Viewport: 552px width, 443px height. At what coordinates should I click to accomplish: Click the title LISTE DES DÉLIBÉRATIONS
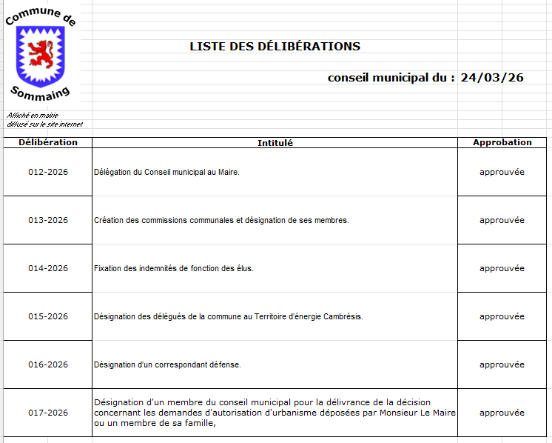coord(275,46)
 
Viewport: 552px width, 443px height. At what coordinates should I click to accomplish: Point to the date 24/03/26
coord(491,77)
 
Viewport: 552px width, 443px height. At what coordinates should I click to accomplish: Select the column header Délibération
coord(48,142)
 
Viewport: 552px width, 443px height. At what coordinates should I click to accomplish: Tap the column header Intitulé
coord(275,143)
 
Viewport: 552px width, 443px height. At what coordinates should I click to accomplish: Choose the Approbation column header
coord(502,142)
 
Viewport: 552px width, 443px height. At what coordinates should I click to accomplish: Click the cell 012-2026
coord(48,172)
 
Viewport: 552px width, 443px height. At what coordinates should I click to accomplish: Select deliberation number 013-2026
coord(48,220)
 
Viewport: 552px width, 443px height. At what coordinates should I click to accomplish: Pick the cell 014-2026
coord(48,268)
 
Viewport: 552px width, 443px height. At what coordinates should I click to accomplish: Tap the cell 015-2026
coord(48,316)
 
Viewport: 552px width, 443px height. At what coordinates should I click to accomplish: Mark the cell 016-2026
coord(48,364)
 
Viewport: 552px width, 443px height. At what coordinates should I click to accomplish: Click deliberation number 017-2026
coord(48,413)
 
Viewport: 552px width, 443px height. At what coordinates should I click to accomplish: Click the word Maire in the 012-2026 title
coord(227,172)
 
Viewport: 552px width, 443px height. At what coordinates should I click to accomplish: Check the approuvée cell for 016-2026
coord(502,364)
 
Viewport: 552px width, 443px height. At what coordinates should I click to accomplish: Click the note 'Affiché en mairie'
coord(33,116)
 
